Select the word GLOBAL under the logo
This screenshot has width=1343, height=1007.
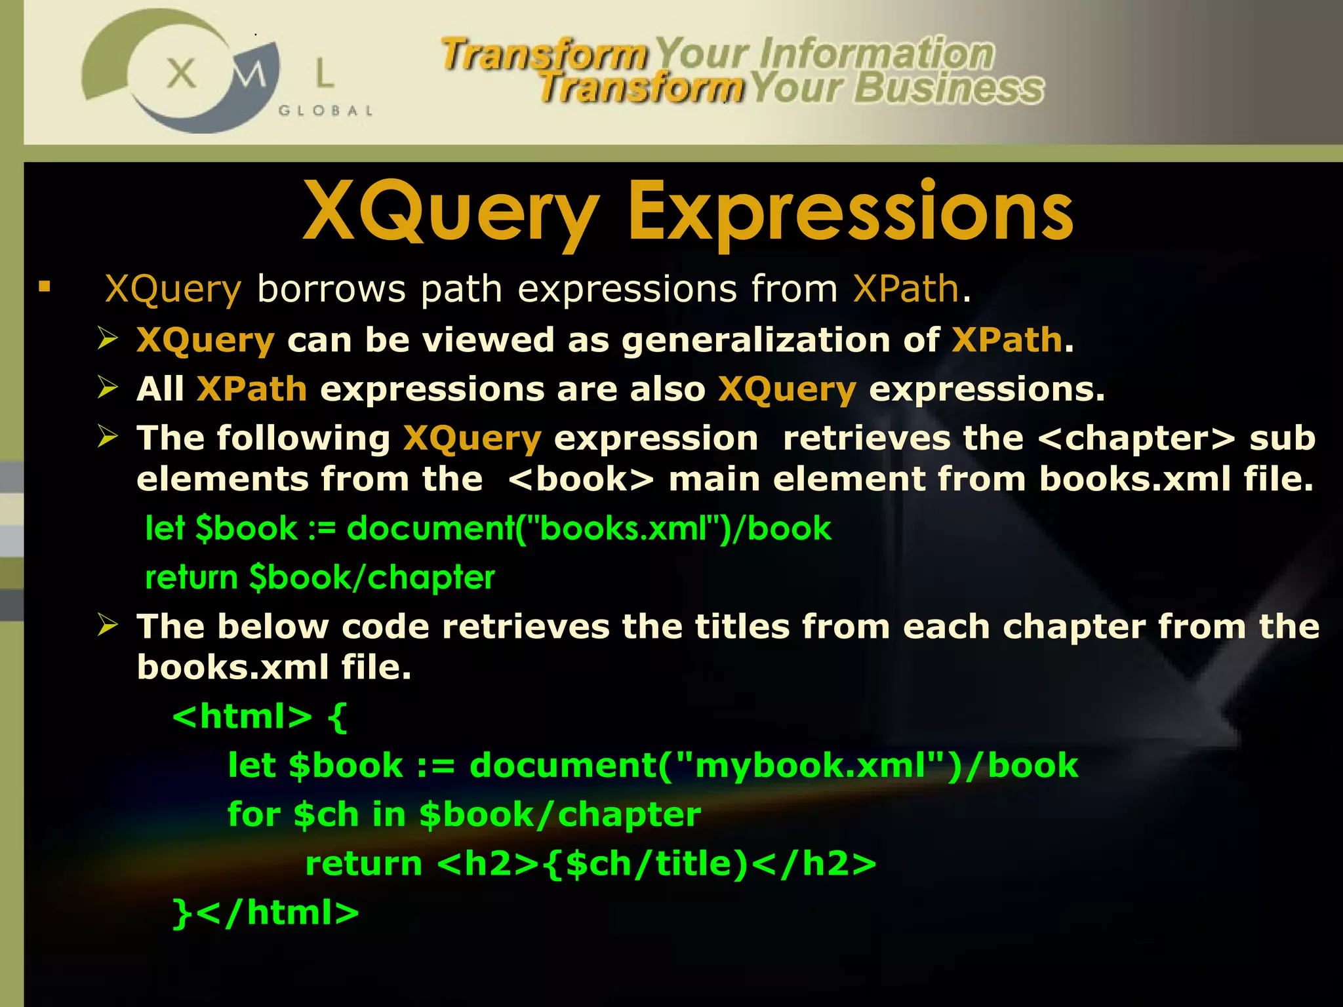[326, 111]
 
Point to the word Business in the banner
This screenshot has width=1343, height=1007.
[948, 88]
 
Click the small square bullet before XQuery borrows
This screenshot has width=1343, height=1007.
[45, 286]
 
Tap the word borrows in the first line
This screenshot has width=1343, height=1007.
[331, 288]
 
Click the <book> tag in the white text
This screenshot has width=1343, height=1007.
[581, 479]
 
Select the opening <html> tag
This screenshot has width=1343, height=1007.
[242, 716]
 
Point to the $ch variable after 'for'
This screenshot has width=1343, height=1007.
[326, 815]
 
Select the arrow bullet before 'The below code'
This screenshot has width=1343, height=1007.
[108, 624]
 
